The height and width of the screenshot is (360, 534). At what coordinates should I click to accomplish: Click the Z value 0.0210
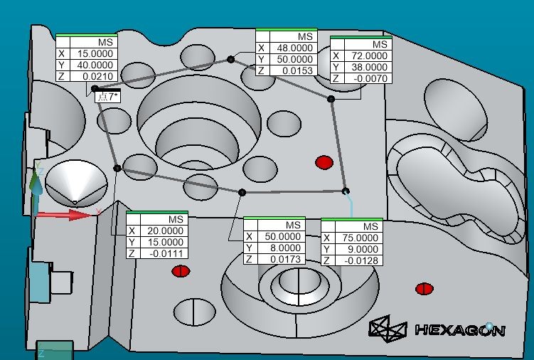coord(98,76)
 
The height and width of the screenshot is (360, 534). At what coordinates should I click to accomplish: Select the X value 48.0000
coord(295,48)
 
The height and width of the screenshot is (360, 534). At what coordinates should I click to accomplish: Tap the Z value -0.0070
coord(370,79)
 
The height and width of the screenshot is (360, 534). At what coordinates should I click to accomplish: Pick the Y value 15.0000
coord(166,243)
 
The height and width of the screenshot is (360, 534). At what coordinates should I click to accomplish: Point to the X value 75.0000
coord(360,238)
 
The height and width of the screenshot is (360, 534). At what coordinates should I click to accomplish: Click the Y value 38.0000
coord(370,67)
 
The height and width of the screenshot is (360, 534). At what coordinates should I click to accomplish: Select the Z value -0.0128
coord(361,261)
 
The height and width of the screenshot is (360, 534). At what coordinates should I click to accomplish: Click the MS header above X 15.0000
coord(105,42)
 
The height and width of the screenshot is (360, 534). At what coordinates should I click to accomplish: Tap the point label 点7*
coord(107,97)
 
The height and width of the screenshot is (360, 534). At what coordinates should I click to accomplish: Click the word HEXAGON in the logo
coord(460,329)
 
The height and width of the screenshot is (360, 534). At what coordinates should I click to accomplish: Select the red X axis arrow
coord(64,215)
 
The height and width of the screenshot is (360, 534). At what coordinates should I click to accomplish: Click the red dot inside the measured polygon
coord(324,163)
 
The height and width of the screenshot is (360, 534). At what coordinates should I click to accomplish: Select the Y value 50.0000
coord(295,59)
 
